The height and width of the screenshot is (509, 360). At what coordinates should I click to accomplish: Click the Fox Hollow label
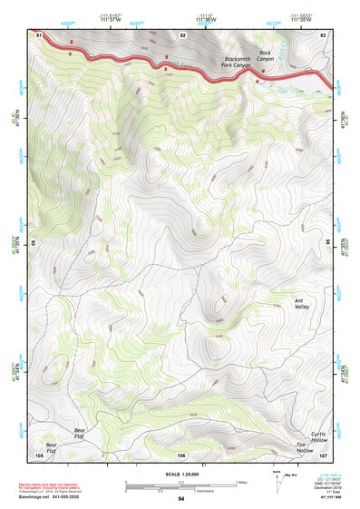304,448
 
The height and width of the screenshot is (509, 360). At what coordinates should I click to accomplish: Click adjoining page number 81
39,34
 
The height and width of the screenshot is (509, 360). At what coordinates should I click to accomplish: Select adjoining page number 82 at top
182,34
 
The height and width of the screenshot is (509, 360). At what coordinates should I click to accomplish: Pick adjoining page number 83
323,34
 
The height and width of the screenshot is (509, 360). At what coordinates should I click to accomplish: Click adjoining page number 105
39,455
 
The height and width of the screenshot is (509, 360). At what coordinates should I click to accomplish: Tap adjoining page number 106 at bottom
181,455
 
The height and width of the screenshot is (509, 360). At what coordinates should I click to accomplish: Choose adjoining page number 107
323,455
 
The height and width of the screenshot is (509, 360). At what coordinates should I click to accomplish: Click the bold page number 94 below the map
181,499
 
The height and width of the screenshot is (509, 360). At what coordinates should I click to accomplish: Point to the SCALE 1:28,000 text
181,474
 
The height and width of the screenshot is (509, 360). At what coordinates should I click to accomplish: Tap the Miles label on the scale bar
241,482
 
